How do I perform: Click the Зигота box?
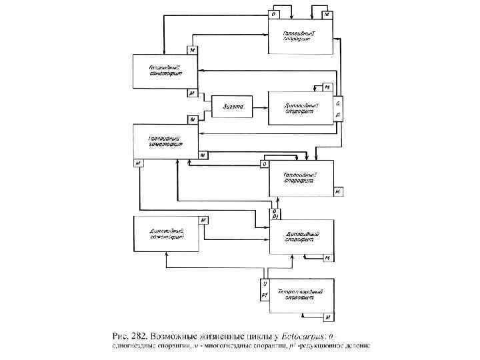pos(231,107)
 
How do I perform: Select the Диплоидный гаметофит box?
pos(167,233)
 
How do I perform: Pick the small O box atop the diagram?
pos(273,14)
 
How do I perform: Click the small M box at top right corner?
pos(327,14)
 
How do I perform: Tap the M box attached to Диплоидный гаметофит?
pos(204,219)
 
